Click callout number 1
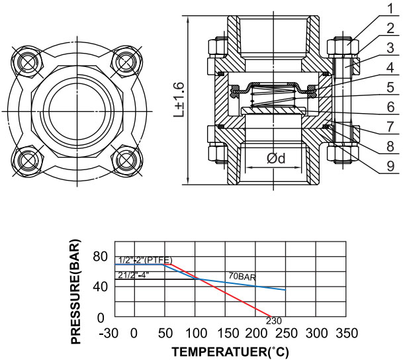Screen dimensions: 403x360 click(x=390, y=8)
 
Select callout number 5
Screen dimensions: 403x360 click(x=390, y=87)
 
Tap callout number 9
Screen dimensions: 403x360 click(x=390, y=167)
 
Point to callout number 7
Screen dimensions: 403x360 click(x=390, y=127)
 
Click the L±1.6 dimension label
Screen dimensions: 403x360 click(x=179, y=100)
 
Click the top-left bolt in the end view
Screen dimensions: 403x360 click(x=27, y=62)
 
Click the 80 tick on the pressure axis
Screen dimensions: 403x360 click(x=100, y=257)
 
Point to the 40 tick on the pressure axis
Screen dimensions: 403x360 click(x=100, y=287)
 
